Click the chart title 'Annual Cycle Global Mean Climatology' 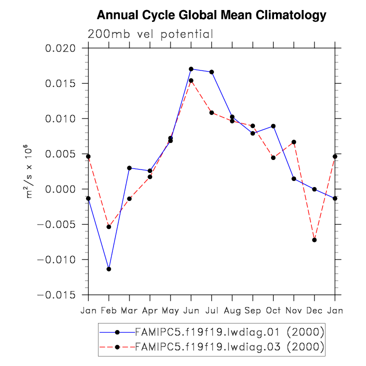pyautogui.click(x=211, y=15)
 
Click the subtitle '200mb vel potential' pyautogui.click(x=150, y=34)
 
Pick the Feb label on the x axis pyautogui.click(x=109, y=310)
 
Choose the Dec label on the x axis pyautogui.click(x=314, y=310)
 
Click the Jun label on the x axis pyautogui.click(x=191, y=310)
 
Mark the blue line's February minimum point pyautogui.click(x=109, y=269)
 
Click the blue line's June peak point pyautogui.click(x=191, y=69)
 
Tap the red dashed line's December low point pyautogui.click(x=314, y=240)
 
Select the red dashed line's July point pyautogui.click(x=211, y=112)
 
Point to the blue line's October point pyautogui.click(x=273, y=126)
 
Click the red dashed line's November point pyautogui.click(x=293, y=142)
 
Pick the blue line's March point pyautogui.click(x=129, y=168)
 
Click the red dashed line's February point pyautogui.click(x=109, y=226)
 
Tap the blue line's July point pyautogui.click(x=211, y=72)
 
